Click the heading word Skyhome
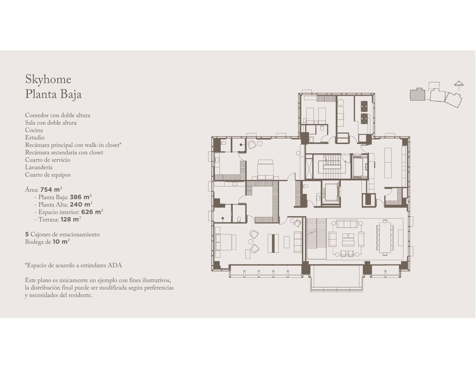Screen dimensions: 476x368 (x=48, y=79)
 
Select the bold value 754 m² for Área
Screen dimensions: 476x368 (x=51, y=189)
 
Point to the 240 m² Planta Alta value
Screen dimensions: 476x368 (x=81, y=204)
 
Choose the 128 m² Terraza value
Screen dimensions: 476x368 (x=71, y=219)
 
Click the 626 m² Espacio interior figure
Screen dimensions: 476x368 (x=92, y=212)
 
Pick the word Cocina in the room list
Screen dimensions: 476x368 (x=34, y=130)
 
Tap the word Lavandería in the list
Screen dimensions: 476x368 (x=39, y=167)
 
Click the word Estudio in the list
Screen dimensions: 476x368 (x=35, y=138)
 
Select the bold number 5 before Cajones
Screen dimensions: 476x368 (x=27, y=234)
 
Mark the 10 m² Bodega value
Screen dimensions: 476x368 (x=61, y=241)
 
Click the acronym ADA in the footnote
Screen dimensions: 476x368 (x=115, y=265)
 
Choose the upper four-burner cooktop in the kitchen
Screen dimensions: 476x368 (x=364, y=106)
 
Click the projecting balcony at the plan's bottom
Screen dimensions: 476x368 (x=337, y=278)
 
